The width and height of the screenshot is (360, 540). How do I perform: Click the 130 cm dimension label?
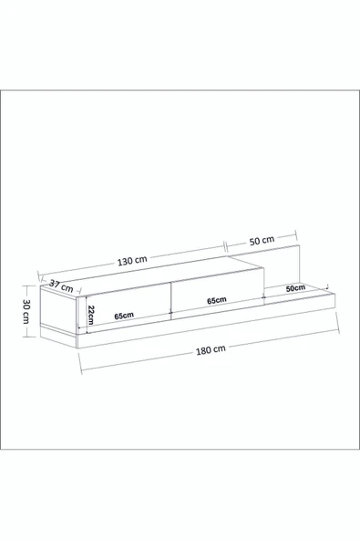click(132, 261)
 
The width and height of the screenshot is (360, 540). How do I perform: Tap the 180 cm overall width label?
click(211, 350)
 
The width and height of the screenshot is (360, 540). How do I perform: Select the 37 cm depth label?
click(61, 286)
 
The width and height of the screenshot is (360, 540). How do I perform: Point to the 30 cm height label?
click(26, 311)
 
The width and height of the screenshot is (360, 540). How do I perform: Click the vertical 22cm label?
click(90, 315)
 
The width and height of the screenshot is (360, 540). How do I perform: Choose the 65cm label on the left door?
click(124, 315)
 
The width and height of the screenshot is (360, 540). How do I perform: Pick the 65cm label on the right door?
click(217, 300)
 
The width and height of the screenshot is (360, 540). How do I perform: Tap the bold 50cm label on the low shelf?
click(295, 288)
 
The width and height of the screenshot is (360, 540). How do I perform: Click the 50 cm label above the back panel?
click(262, 241)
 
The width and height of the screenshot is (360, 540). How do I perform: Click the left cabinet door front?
click(129, 306)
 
